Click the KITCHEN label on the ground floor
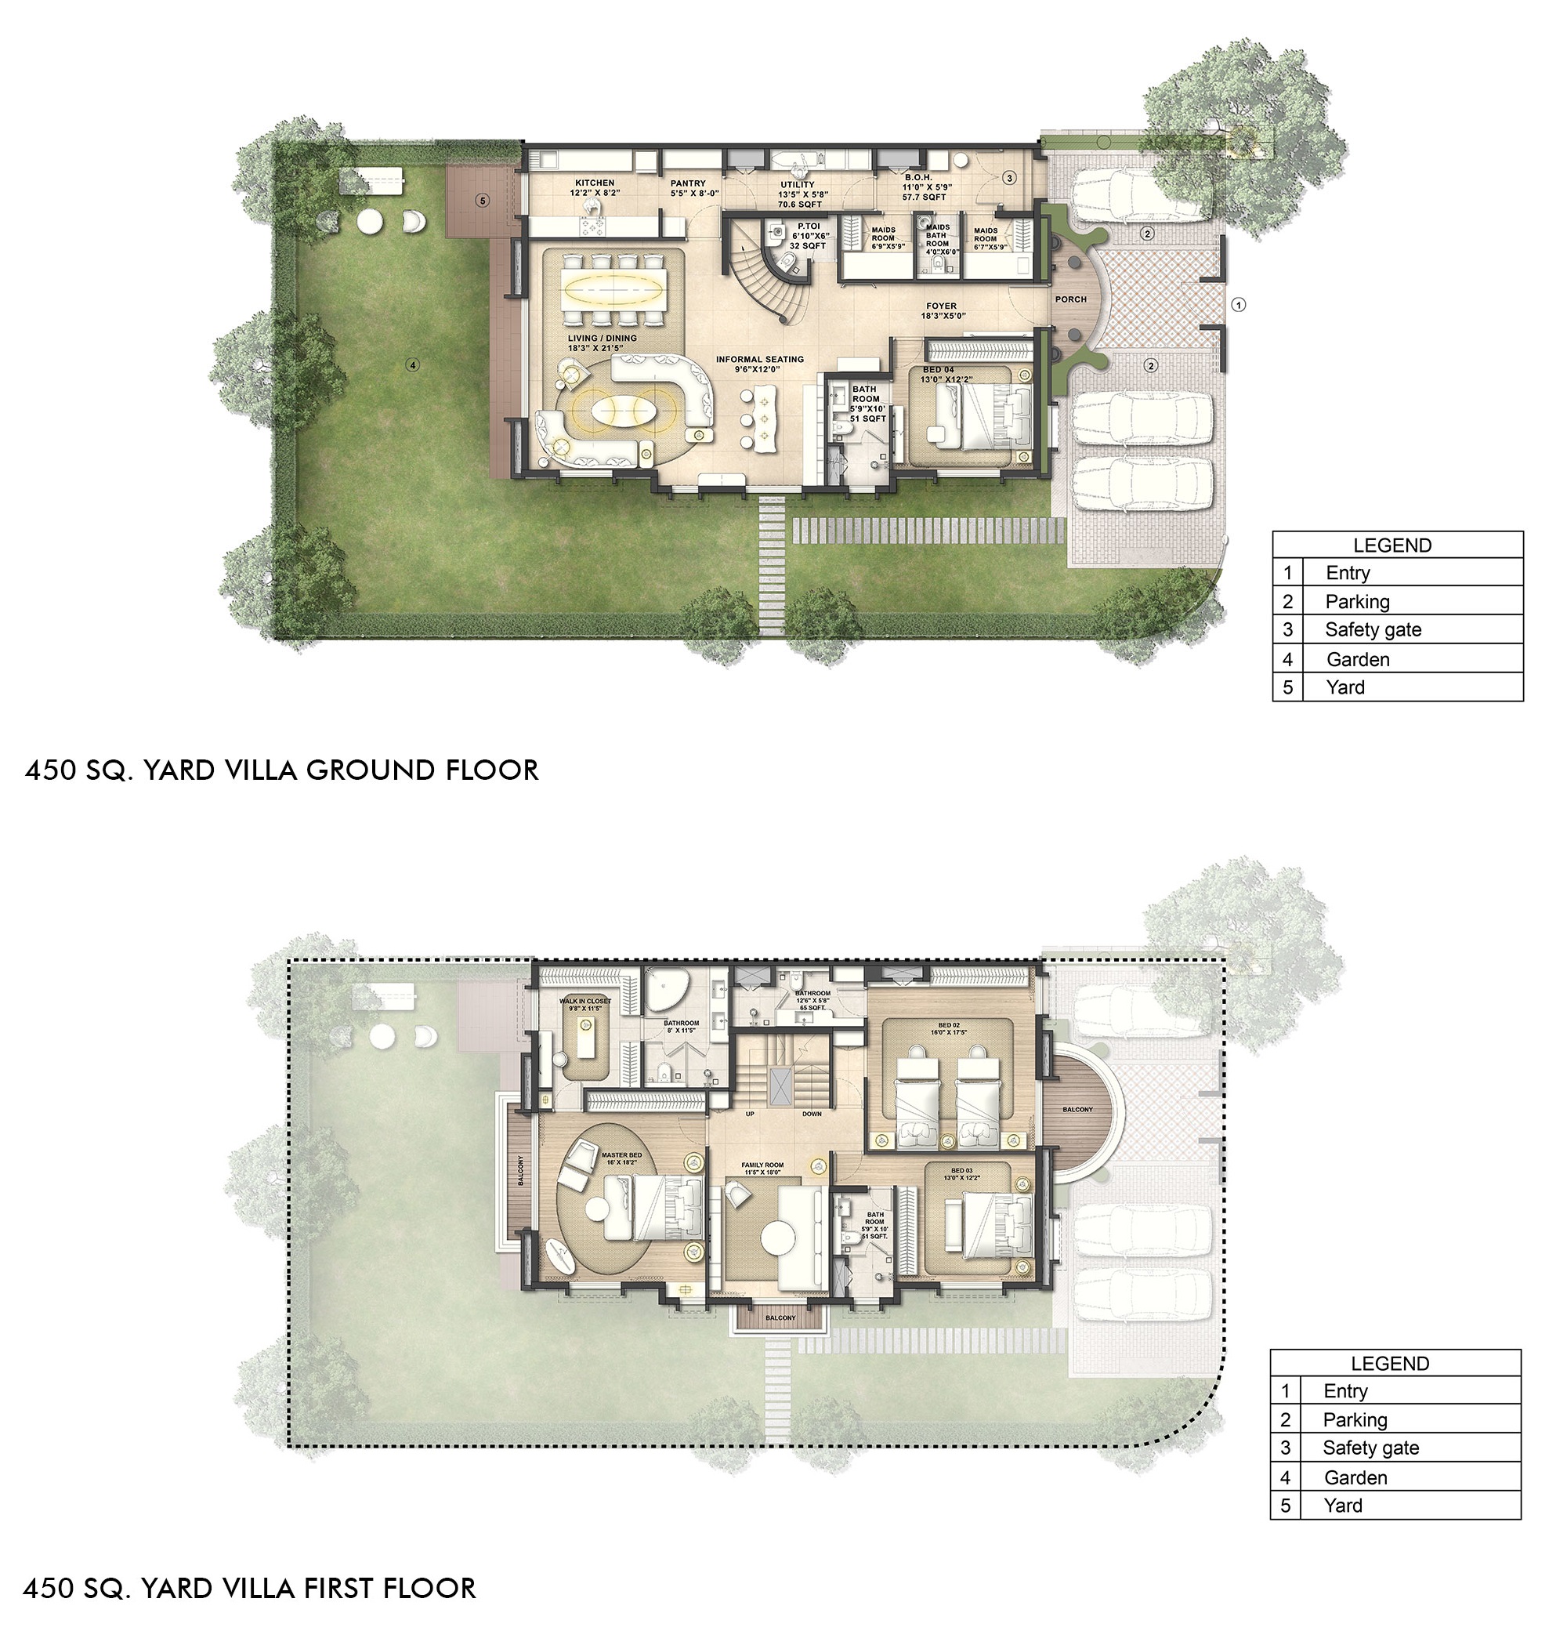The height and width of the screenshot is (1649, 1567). coord(595,183)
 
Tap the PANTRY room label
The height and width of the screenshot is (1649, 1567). coord(688,183)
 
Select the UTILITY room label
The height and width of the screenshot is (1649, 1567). coord(798,185)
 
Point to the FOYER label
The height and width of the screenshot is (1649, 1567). coord(941,306)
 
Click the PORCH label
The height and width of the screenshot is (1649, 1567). coord(1071,299)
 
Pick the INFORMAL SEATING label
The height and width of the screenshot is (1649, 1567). coord(759,359)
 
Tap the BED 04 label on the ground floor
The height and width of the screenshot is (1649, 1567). coord(938,370)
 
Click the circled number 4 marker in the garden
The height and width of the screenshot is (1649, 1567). coord(413,365)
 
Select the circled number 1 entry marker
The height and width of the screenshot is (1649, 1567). coord(1239,305)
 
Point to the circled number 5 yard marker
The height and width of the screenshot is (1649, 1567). coord(483,201)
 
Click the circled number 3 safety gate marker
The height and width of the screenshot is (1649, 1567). coord(1009,178)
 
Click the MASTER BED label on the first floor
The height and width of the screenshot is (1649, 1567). coord(621,1155)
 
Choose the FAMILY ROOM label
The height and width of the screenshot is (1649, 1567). coord(762,1165)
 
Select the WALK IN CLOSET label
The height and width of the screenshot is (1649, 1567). coord(584,1001)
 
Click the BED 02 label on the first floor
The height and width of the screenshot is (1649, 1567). coord(949,1025)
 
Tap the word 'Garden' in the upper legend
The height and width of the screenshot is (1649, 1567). coord(1357,659)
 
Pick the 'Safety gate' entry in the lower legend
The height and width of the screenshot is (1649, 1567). coord(1370,1448)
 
